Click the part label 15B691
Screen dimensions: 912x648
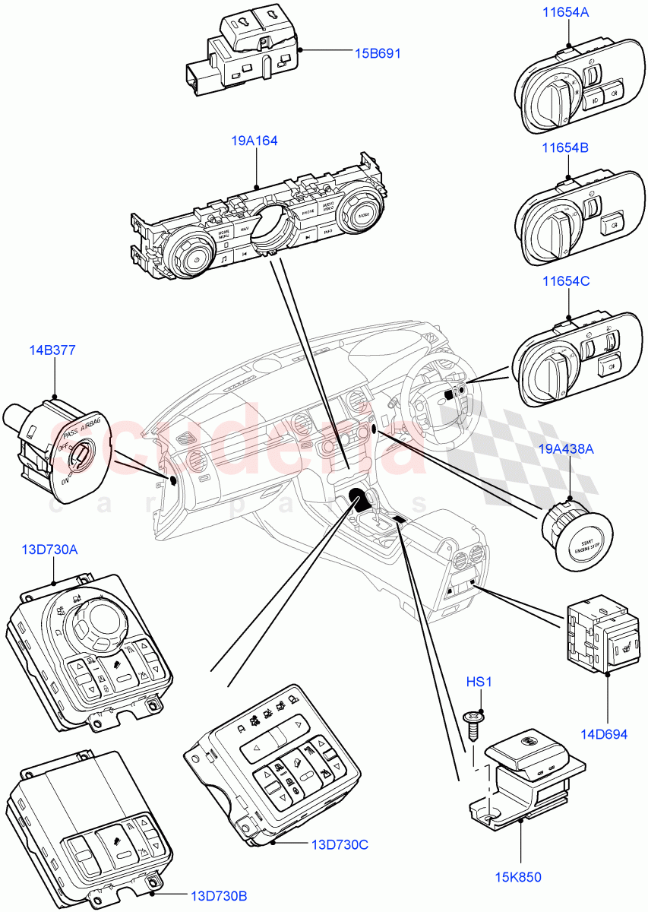tap(377, 53)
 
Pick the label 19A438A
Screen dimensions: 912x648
tap(568, 449)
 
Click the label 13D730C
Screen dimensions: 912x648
tap(340, 844)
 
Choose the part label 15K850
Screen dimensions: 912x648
tap(520, 877)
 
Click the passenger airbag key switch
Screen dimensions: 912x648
tap(76, 458)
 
